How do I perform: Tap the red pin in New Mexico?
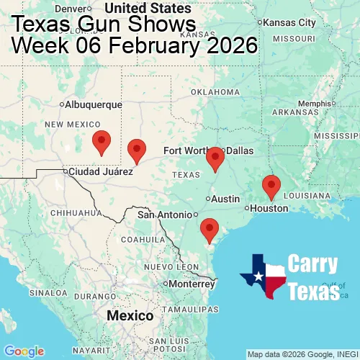coord(102,143)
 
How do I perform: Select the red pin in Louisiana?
coord(271,186)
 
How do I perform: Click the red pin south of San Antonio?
coord(210,230)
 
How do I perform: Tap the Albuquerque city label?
coord(94,104)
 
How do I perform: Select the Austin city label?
coord(226,199)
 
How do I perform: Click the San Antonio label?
coord(166,215)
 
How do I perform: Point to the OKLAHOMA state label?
coord(215,92)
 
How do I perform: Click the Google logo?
coord(23,351)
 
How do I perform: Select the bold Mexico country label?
coord(130,316)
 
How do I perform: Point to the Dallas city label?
coord(240,150)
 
